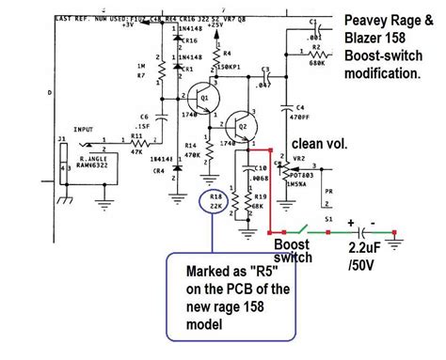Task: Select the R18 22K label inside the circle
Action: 215,202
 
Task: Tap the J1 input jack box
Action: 65,170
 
